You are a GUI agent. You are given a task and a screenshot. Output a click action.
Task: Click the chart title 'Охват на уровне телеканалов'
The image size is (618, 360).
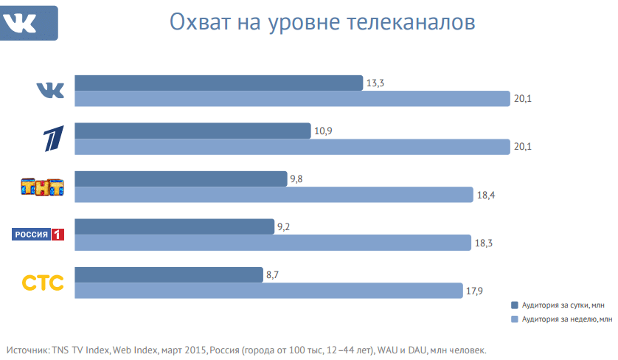pos(322,22)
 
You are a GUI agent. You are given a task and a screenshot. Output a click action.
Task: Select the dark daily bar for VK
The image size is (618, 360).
pos(218,83)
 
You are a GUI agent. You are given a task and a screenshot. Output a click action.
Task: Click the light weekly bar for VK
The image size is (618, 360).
pos(292,98)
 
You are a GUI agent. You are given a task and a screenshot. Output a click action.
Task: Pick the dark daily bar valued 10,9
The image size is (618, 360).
pos(192,131)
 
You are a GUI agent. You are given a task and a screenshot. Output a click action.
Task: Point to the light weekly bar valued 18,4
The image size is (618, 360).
pos(274,194)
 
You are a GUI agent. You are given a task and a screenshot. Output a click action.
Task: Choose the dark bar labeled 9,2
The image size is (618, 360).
pos(174,226)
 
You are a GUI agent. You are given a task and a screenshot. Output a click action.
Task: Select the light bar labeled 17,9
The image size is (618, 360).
pos(269,290)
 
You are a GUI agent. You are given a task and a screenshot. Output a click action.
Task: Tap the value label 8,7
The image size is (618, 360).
pos(273,274)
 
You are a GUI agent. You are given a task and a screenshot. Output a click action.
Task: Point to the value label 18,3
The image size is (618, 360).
pos(485,243)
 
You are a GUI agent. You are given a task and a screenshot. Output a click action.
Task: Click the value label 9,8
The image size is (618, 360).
pos(297,179)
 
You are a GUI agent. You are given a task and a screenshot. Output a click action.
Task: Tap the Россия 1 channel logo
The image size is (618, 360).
pos(39,235)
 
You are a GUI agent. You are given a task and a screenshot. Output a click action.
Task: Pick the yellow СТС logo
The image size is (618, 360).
pos(43,283)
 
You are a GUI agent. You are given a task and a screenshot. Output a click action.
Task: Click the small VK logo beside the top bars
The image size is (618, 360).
pos(51,90)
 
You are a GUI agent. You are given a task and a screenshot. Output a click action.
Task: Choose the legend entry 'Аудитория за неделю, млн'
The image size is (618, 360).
pos(560,319)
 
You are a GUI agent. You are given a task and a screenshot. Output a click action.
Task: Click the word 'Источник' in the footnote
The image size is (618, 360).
pos(27,349)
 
